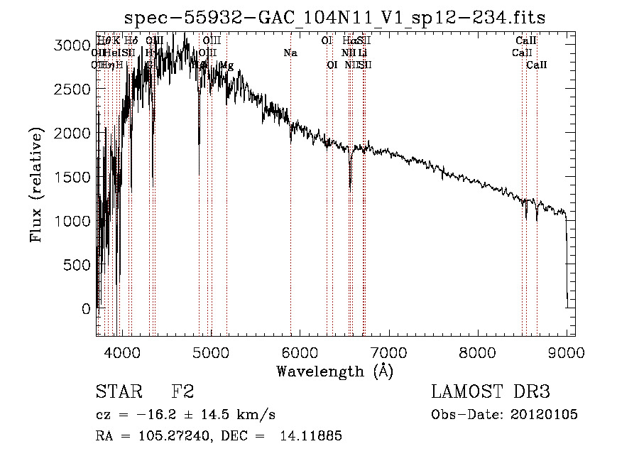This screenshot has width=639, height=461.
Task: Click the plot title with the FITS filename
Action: tap(334, 17)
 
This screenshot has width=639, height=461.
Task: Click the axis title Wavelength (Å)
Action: tap(334, 371)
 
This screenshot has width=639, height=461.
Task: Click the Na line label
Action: tap(290, 53)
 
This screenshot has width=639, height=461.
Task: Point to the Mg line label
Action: tap(226, 65)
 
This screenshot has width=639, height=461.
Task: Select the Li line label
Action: tap(362, 53)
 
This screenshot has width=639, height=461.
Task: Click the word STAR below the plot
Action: tap(118, 391)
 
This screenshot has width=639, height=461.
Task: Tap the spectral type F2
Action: tap(182, 391)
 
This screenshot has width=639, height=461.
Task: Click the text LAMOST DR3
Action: tap(491, 391)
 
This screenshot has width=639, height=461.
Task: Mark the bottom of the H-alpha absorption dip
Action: tap(349, 189)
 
